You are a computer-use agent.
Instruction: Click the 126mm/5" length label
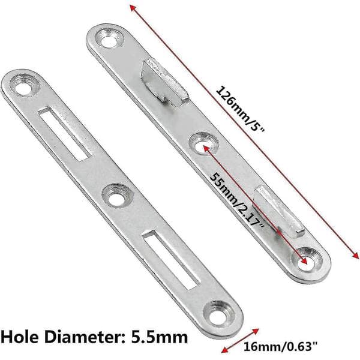tap(240, 109)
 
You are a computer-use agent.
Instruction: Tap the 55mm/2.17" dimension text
tap(237, 200)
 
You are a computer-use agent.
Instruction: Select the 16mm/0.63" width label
tap(281, 346)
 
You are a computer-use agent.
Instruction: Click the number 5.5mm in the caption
tap(160, 337)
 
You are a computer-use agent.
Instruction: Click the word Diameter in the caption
tap(85, 337)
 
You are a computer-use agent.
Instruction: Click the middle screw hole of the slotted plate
tap(116, 197)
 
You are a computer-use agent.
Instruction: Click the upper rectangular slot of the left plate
tap(64, 134)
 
